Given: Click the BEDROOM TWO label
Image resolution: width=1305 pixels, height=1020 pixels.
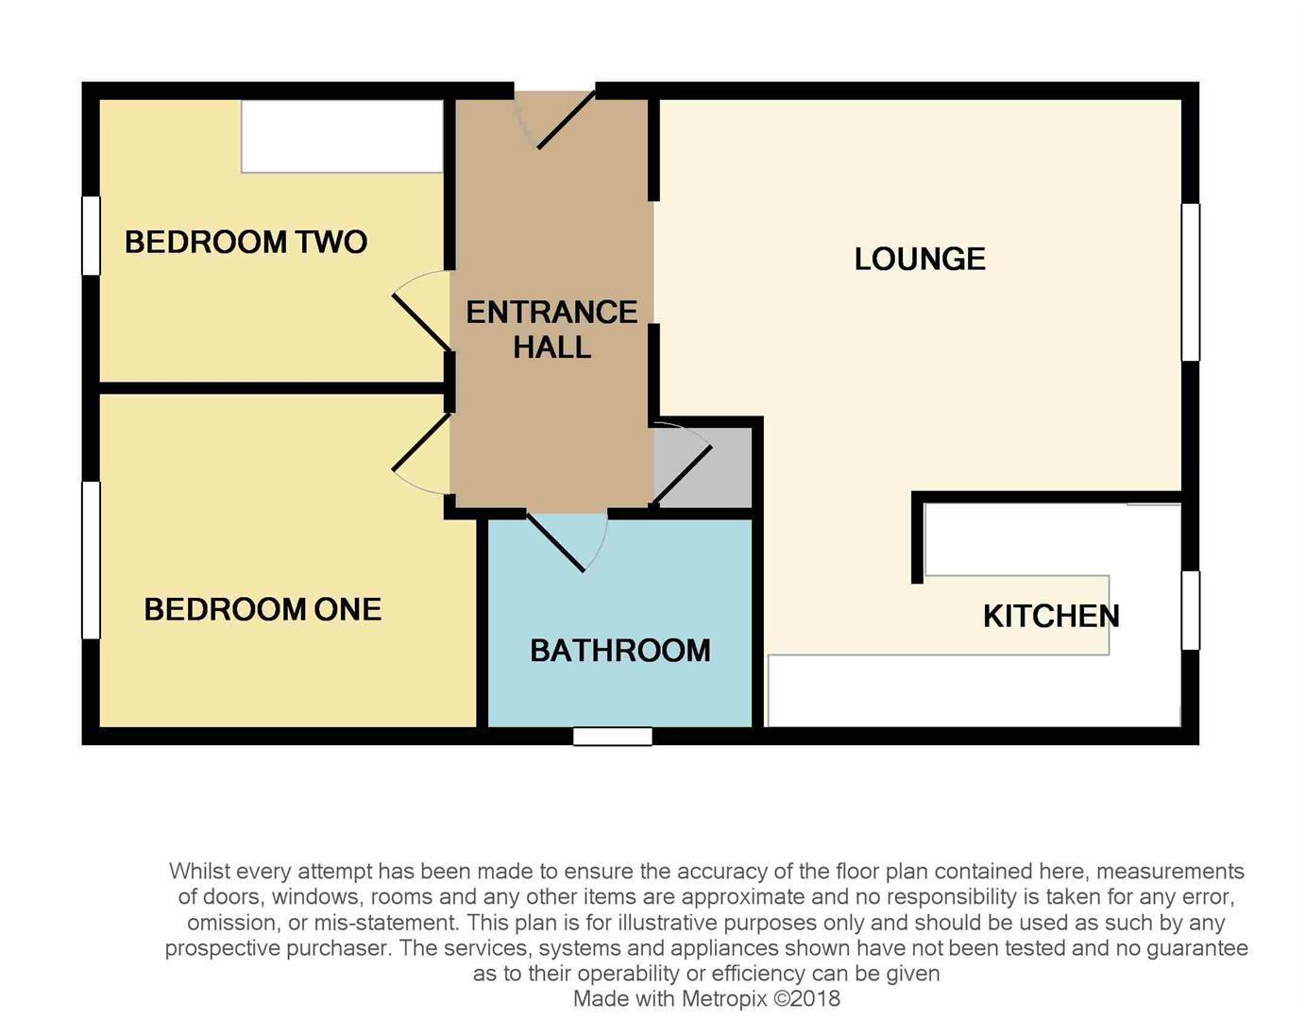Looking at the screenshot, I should pos(246,242).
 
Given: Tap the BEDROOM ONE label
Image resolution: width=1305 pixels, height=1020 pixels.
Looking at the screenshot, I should pos(263,609).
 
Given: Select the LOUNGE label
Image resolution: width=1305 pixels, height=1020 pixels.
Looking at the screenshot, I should pos(920,259).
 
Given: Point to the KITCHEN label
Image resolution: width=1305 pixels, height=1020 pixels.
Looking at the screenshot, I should pos(1051,616).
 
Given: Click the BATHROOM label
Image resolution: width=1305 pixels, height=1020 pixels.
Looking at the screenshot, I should pos(619,650).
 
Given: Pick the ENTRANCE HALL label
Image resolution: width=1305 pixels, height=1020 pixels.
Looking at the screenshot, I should pos(551,329).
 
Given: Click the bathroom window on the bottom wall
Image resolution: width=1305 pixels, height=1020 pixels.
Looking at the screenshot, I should pos(613,736).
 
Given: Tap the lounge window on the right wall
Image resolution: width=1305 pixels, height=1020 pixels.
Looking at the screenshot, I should pos(1191,281).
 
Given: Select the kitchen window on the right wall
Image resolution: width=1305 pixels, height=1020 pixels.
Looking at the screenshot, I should pos(1191,609).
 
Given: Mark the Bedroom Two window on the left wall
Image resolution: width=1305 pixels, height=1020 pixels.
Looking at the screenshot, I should pos(92,235).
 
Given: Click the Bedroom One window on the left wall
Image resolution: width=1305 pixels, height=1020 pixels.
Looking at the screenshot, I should pos(92,560).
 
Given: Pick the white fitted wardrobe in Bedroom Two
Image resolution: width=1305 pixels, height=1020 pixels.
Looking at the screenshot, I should pos(342,136).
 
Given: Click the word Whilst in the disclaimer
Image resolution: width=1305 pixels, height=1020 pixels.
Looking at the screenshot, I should pos(199,871).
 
